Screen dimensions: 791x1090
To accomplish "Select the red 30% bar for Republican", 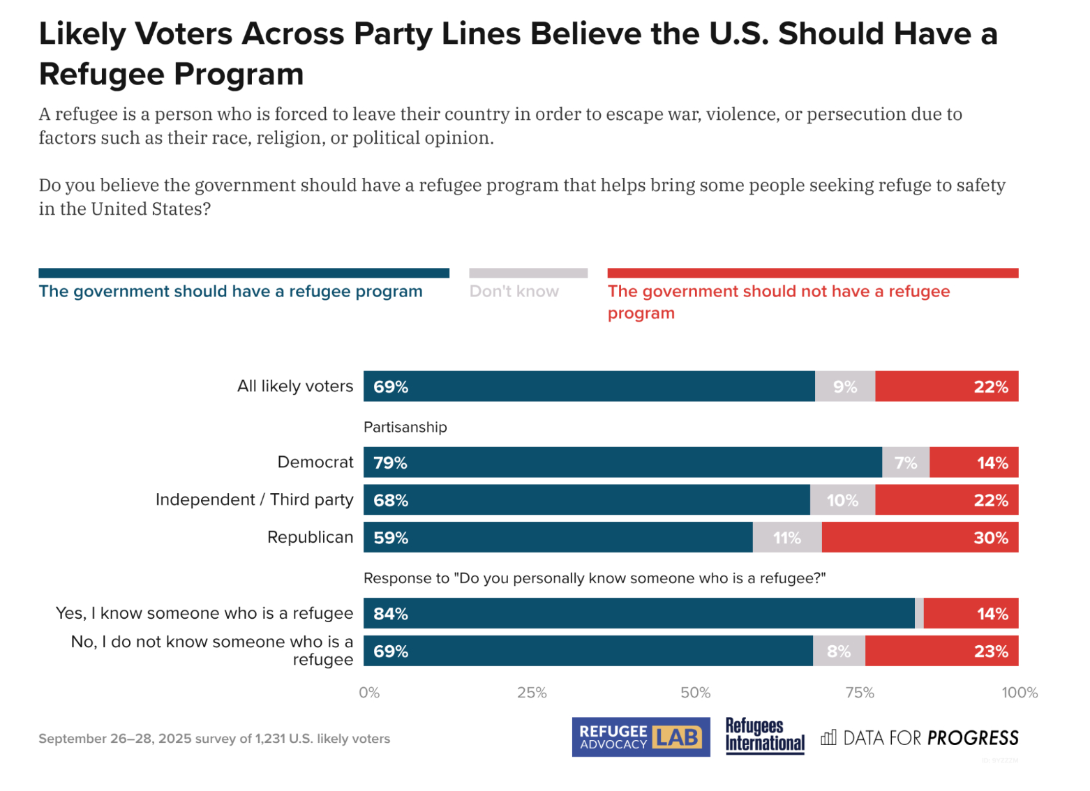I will point(920,538).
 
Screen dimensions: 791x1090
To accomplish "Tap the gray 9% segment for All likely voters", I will point(845,386).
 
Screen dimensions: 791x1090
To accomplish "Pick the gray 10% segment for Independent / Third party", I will point(842,500).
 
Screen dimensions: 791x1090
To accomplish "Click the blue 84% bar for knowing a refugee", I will point(639,614).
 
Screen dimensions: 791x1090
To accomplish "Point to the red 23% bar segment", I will point(941,651).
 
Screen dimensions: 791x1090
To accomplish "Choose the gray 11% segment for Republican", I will point(787,538).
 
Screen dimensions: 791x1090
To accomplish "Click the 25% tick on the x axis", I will point(532,693).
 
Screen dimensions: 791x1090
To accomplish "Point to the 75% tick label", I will point(860,693).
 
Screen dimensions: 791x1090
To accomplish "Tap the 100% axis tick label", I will point(1020,693).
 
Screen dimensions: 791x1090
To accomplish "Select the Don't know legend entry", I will point(514,292).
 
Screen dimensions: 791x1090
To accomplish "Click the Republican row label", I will point(311,537).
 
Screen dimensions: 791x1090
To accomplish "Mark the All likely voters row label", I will point(295,386).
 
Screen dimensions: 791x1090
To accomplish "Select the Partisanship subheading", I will point(405,427).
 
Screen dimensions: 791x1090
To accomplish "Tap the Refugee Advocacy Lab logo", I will point(641,737).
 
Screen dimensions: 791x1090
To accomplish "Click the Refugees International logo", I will point(765,736).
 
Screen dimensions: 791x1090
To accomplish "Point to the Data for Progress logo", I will point(920,738).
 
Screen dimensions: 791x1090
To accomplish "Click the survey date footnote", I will point(214,739).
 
